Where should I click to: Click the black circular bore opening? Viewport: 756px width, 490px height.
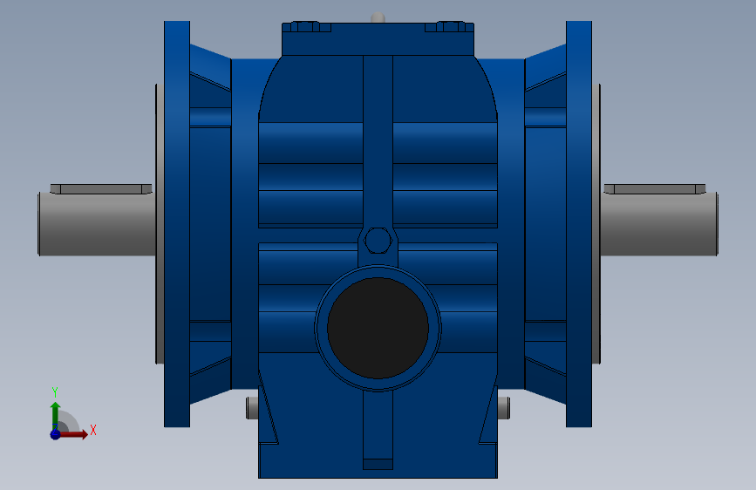(x=378, y=328)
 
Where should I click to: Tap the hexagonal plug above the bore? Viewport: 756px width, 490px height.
(x=378, y=240)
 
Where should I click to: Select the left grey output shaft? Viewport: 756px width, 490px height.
(x=97, y=224)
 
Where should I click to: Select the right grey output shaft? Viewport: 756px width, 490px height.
(x=659, y=224)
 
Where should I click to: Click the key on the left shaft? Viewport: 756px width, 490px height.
(x=101, y=188)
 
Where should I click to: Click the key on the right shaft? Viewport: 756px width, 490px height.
(x=655, y=188)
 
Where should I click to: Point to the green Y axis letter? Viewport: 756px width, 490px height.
(x=55, y=392)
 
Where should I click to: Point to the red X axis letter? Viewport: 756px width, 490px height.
(x=93, y=430)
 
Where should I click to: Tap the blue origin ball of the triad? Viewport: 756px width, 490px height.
(x=56, y=434)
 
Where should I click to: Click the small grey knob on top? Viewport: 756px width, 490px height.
(x=378, y=17)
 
